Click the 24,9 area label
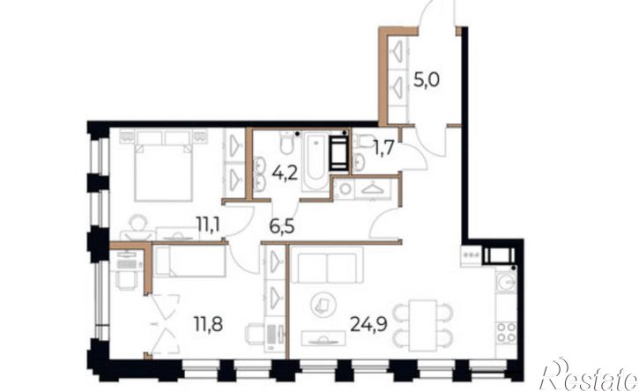(368, 324)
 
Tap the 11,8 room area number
(208, 324)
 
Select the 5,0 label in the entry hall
(427, 80)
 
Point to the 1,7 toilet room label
(383, 148)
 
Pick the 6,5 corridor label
(282, 225)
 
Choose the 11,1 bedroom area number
(208, 224)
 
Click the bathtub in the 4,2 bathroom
(316, 162)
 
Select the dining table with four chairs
(423, 326)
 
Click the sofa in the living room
(328, 265)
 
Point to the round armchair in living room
(323, 305)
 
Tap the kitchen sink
(506, 282)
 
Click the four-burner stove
(507, 332)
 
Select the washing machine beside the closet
(345, 189)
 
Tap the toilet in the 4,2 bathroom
(287, 144)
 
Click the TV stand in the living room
(323, 339)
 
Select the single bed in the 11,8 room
(190, 261)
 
